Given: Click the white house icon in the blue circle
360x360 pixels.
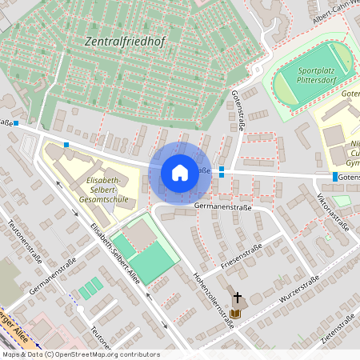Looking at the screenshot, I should (x=180, y=172).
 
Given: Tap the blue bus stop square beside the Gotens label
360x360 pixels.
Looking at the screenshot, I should (x=334, y=176).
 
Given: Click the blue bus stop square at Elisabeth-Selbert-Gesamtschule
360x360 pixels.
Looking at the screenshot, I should (x=66, y=145).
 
